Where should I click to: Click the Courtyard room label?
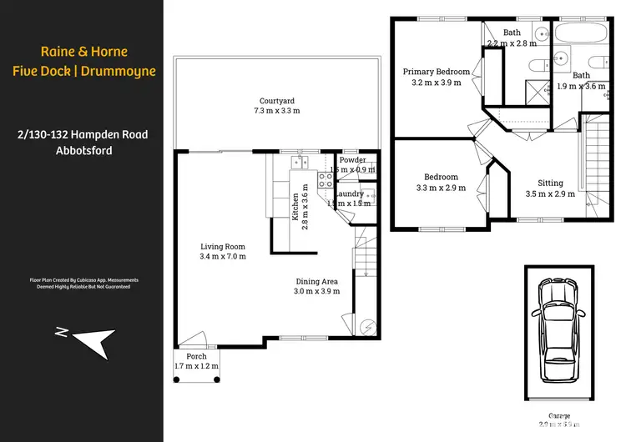277,100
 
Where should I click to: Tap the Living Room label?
222,246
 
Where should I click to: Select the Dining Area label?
319,281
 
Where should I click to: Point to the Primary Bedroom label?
436,72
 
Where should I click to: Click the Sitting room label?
550,183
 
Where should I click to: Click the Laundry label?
349,193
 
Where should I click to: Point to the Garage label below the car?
559,414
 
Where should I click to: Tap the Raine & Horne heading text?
83,51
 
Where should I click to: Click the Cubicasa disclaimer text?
83,283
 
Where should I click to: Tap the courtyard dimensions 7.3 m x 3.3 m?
277,110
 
